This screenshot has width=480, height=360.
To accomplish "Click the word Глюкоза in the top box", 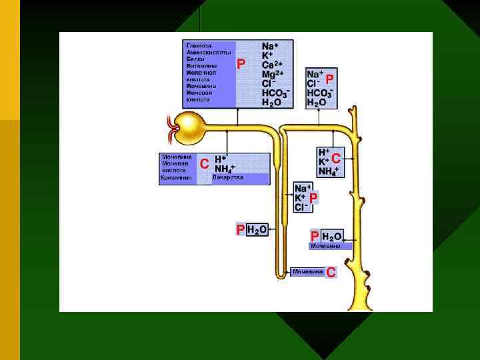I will point(197,45).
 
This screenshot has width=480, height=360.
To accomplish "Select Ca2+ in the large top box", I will point(273,65).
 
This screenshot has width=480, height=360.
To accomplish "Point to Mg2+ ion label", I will point(273,74).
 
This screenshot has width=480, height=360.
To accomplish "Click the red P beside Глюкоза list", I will point(241,64).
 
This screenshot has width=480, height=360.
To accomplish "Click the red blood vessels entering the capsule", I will point(173,125).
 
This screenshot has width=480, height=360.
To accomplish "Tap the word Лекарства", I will point(228,178).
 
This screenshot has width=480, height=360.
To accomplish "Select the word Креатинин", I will point(176,178).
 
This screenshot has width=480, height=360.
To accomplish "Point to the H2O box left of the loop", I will point(257,229).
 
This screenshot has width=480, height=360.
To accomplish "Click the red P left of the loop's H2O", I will point(240,229).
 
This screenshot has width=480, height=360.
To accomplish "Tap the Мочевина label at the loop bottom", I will point(308,271).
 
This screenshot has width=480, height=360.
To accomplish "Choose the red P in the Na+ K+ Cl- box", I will point(313,198).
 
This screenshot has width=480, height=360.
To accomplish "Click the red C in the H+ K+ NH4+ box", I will point(337,159).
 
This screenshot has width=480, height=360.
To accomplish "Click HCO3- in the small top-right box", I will point(319,93).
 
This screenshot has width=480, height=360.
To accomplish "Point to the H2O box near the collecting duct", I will point(332,236).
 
